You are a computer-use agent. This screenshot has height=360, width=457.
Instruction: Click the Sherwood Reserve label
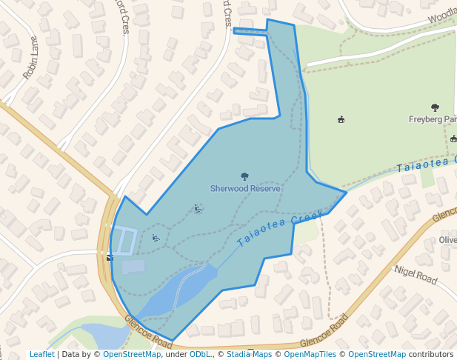point(245,189)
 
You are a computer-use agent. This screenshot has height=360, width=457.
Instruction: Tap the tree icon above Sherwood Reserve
point(245,176)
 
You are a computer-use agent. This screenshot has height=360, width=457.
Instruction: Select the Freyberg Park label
point(433,119)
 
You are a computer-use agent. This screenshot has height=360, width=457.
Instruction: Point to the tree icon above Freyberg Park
point(435,107)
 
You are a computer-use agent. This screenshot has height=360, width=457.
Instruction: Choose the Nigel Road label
point(416,275)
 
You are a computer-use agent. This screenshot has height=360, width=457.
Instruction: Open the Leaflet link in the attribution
point(41,355)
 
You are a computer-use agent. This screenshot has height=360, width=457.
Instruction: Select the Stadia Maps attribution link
point(248,355)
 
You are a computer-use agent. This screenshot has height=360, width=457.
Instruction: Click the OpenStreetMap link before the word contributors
point(377,355)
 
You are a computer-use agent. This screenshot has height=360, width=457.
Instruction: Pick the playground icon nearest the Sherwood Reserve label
point(198,209)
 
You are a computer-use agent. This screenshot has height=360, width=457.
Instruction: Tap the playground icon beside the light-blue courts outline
point(156,238)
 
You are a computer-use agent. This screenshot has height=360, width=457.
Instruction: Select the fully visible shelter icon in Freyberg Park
point(341,119)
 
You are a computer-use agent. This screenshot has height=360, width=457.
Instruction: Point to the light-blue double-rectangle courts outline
point(125,241)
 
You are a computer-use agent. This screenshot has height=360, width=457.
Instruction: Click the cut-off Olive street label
point(447,240)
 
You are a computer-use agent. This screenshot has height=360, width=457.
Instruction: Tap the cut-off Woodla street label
point(441,15)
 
